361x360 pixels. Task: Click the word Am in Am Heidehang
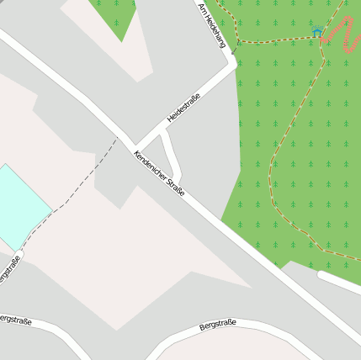(x=201, y=8)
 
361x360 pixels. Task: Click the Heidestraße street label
(x=184, y=107)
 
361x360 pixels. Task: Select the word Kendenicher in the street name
(x=148, y=166)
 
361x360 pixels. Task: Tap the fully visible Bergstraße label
(x=218, y=324)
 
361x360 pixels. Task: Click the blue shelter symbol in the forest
(x=318, y=32)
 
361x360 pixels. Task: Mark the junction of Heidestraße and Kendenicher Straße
(x=133, y=145)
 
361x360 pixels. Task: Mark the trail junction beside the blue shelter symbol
(x=321, y=39)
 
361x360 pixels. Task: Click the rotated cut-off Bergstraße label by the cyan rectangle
(x=9, y=270)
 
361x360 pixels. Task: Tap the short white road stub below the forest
(x=338, y=282)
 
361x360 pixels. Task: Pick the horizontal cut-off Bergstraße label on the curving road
(x=15, y=320)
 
